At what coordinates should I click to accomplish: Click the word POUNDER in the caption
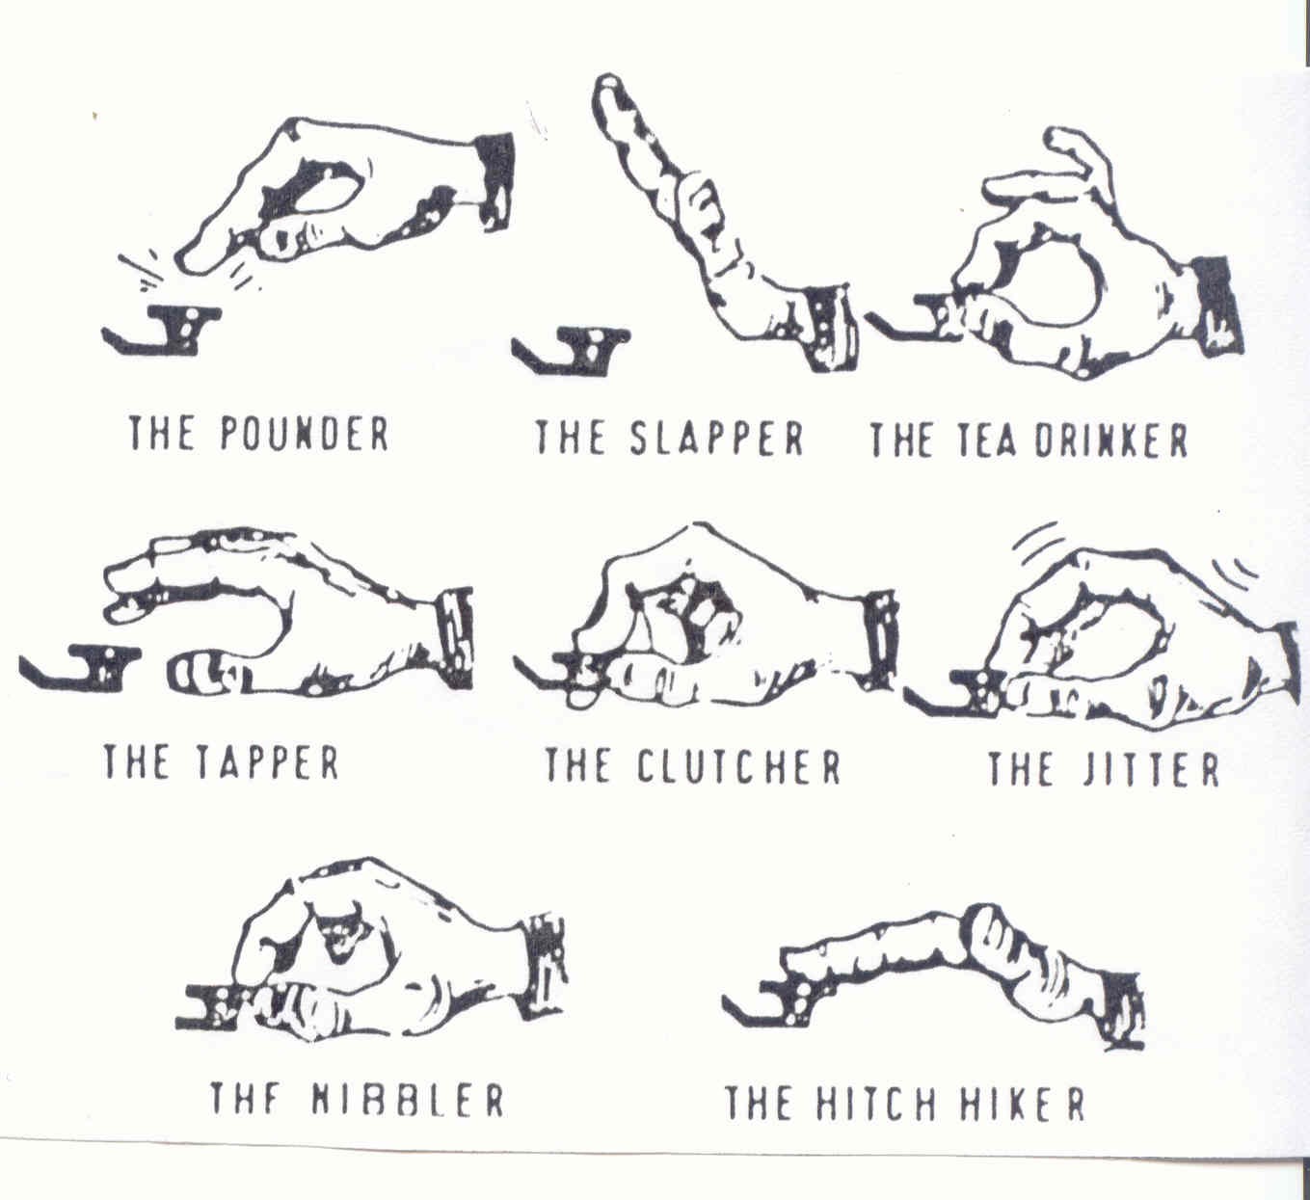point(305,433)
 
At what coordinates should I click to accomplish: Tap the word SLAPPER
point(717,438)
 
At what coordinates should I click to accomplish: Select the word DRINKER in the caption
point(1110,440)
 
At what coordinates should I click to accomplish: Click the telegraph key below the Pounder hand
point(163,330)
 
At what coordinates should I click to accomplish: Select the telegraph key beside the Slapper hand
point(572,352)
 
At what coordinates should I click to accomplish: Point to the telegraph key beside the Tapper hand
point(80,669)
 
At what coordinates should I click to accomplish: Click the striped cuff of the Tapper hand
point(457,638)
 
